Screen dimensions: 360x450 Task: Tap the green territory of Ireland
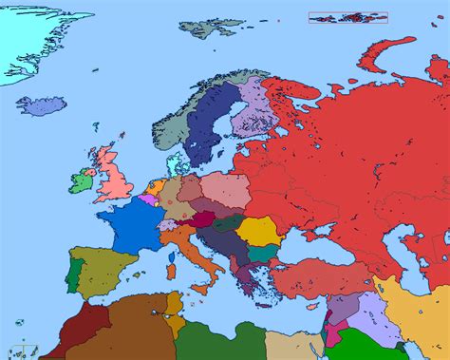(x=82, y=179)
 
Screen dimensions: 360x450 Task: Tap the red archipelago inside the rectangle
(x=347, y=17)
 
